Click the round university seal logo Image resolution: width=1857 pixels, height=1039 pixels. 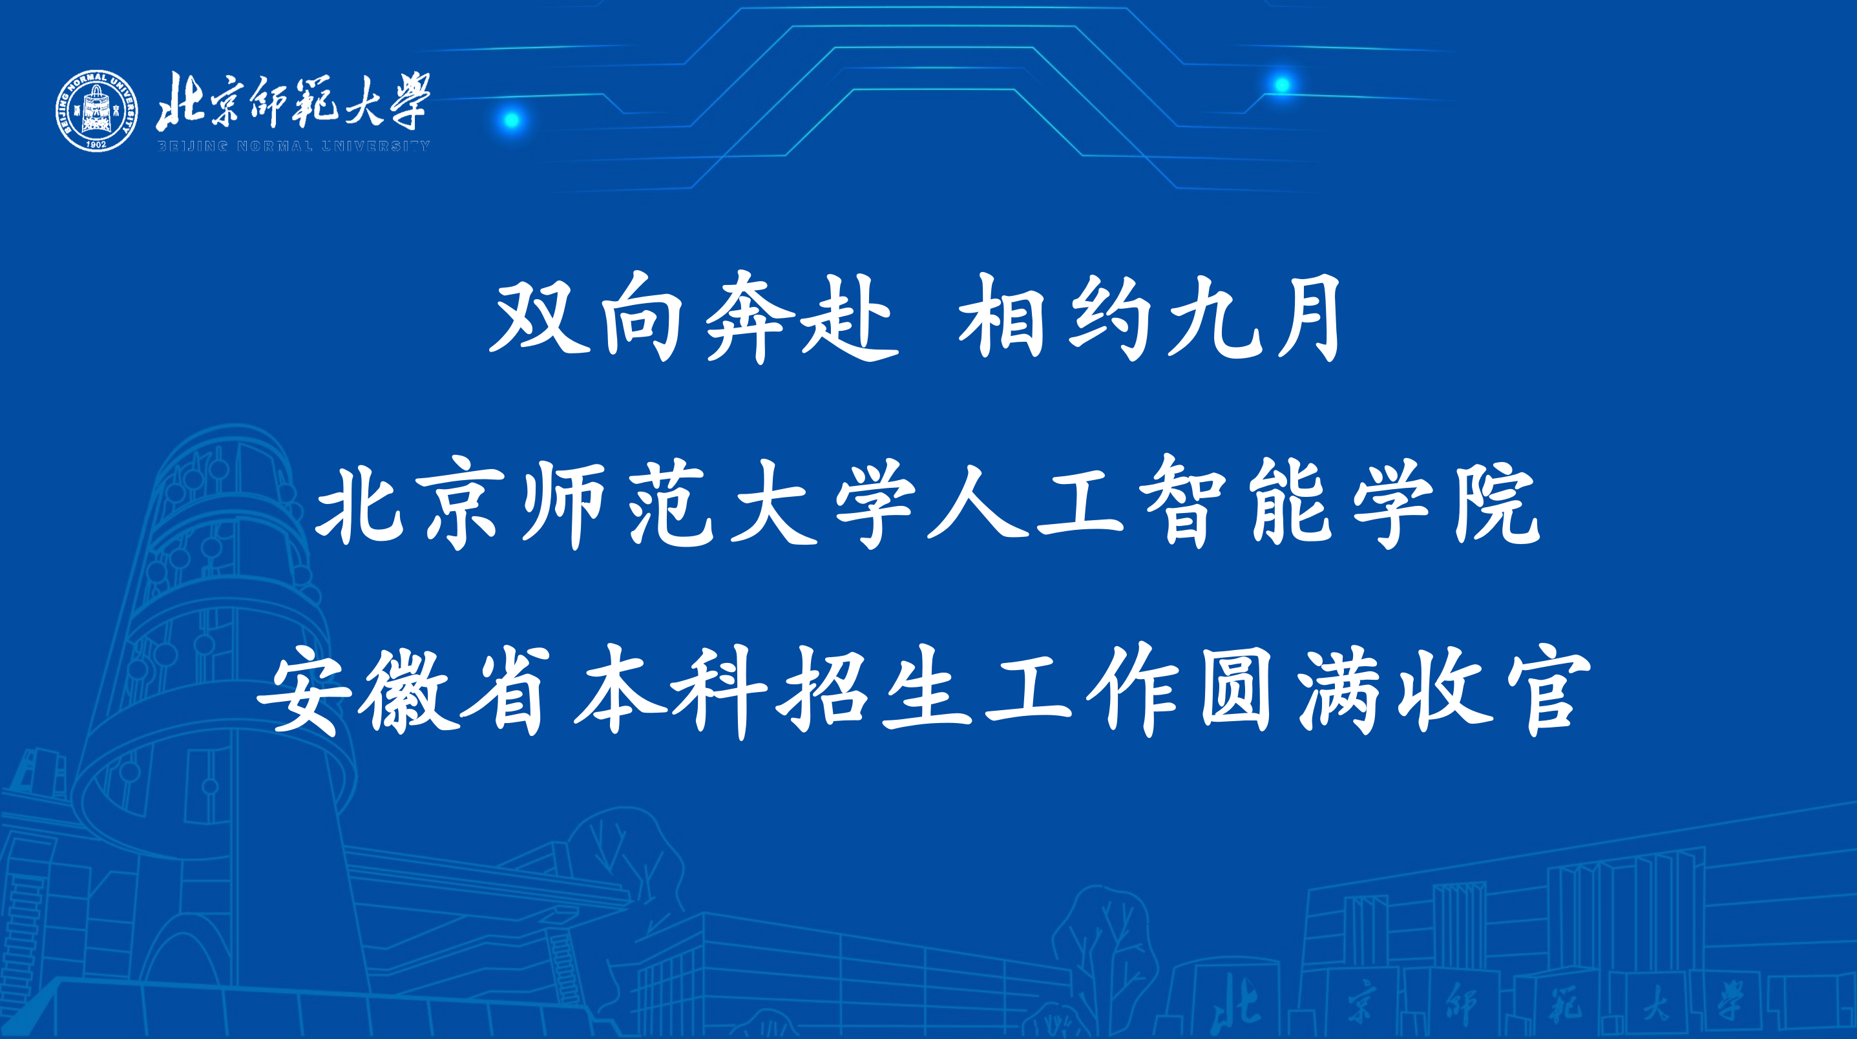tap(97, 111)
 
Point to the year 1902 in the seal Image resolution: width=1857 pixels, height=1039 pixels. tap(97, 143)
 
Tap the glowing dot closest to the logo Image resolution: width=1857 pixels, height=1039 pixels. tap(511, 120)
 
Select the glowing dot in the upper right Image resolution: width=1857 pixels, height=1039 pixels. tap(1282, 85)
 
